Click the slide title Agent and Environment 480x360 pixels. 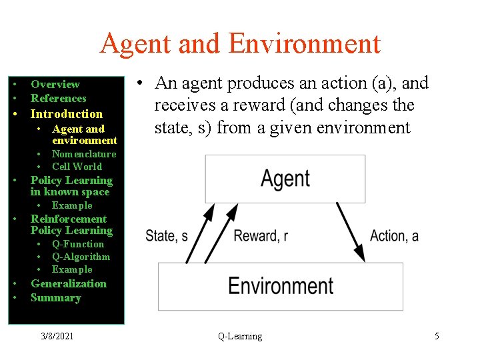click(x=240, y=44)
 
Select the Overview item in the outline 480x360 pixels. click(x=55, y=85)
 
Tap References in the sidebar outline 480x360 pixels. click(x=59, y=99)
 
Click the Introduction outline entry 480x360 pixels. click(x=67, y=114)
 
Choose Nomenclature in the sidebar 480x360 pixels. click(x=84, y=154)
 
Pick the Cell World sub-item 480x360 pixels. click(x=77, y=167)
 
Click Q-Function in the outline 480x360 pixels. click(x=78, y=244)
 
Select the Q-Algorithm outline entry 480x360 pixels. click(x=81, y=257)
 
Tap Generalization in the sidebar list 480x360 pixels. click(x=69, y=283)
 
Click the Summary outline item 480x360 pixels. click(x=55, y=298)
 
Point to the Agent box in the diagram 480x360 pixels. click(x=285, y=179)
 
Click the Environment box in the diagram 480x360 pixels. click(x=280, y=286)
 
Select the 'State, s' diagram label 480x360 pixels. click(x=167, y=235)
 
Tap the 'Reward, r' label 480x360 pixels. click(x=261, y=235)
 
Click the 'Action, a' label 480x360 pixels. click(x=394, y=235)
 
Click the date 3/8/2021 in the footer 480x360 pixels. click(x=57, y=337)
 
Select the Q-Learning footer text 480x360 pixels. click(x=240, y=337)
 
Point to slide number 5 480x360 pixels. click(x=437, y=337)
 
